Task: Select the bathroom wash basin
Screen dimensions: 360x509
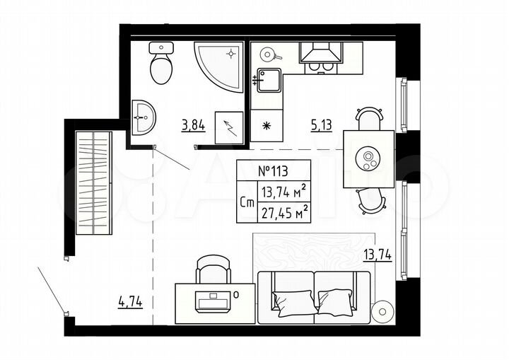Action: click(144, 115)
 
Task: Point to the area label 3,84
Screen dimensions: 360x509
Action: click(193, 127)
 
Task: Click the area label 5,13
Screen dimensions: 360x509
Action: click(322, 127)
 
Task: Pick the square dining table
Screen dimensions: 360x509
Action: click(368, 158)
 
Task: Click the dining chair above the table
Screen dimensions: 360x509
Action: click(370, 118)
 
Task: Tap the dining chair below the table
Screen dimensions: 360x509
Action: click(370, 199)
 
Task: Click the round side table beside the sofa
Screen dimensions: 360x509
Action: click(382, 310)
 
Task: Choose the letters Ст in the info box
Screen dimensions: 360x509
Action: click(247, 202)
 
